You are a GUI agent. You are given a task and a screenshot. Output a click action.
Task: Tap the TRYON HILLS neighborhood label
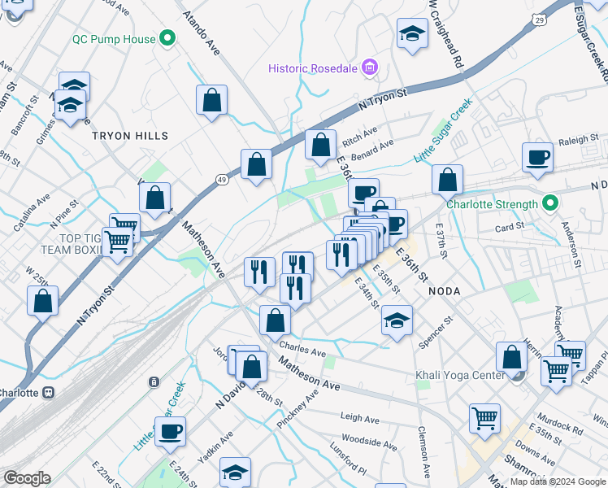[x=130, y=136]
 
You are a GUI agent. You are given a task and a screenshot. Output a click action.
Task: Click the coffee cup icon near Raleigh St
[x=536, y=157]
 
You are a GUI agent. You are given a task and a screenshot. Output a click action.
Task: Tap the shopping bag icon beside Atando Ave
[x=211, y=101]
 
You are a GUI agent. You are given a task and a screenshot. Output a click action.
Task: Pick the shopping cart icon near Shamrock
[x=484, y=418]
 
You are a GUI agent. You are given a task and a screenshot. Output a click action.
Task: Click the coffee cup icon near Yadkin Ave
[x=170, y=432]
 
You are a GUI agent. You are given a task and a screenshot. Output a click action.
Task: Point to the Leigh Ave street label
[x=360, y=419]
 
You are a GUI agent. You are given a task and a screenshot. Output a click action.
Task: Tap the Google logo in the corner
[x=26, y=478]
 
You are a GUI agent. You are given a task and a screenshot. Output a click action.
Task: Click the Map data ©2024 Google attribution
[x=558, y=481]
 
